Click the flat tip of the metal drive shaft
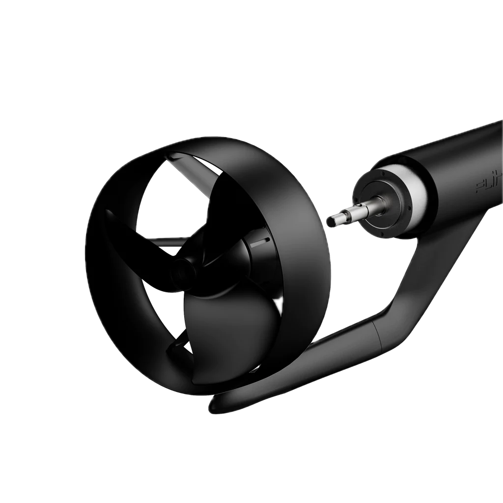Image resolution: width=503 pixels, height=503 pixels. [x=330, y=222]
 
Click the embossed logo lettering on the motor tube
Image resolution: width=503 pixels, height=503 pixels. [x=488, y=184]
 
